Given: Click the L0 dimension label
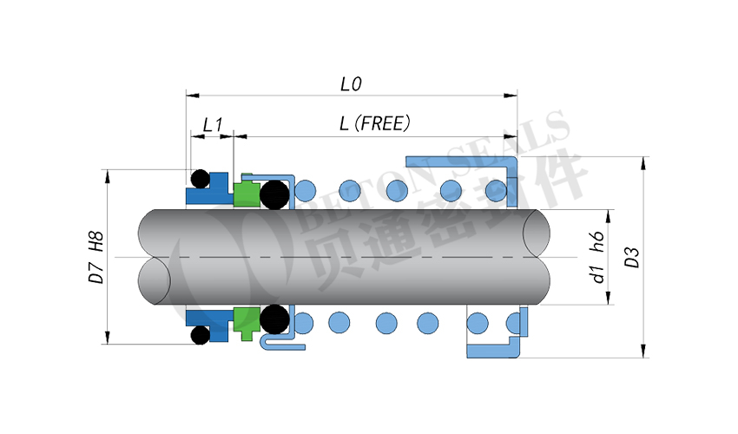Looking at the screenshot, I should point(351,84).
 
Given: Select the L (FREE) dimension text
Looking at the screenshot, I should point(374,123).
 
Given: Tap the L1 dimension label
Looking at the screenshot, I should point(213,125).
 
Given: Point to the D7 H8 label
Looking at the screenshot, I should point(97,257).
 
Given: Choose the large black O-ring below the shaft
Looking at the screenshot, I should point(275,319).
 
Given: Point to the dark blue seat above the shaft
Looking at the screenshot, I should point(211,192).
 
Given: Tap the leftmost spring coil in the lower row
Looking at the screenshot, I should point(302,323).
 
